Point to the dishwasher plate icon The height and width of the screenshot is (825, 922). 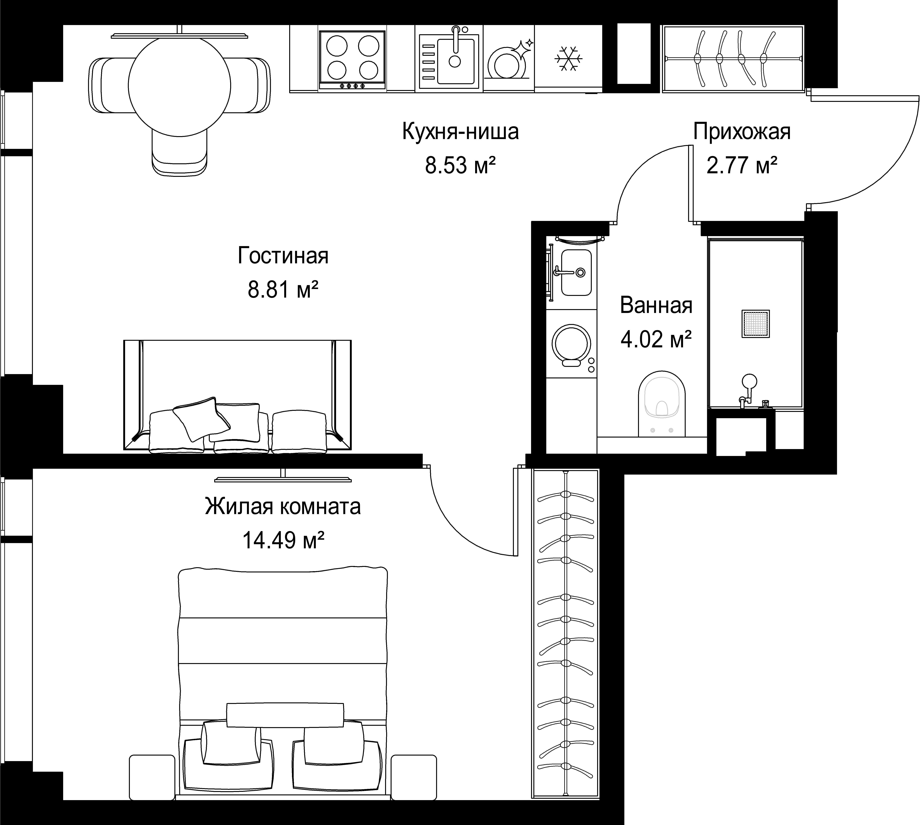point(509,61)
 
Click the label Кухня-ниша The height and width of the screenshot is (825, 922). point(460,132)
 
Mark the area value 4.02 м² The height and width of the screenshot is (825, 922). point(656,339)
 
